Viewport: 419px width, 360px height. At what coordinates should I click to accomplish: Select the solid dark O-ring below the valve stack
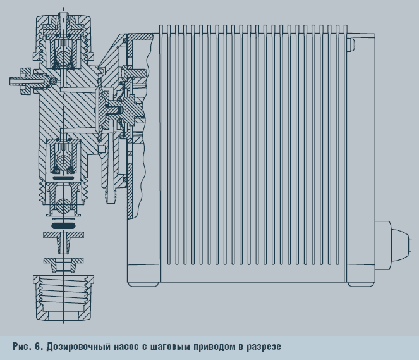point(63,224)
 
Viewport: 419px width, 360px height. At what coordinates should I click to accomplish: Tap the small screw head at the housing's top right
point(351,44)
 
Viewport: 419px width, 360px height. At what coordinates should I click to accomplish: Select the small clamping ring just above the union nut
point(63,261)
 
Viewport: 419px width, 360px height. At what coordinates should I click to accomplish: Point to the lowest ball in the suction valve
point(63,206)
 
